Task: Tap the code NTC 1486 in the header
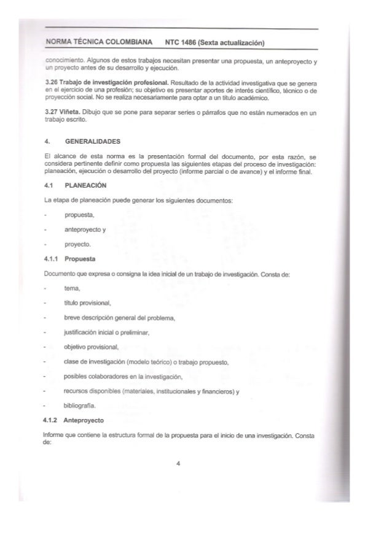click(x=184, y=42)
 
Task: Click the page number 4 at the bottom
click(x=177, y=464)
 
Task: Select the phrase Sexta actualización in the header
click(x=232, y=42)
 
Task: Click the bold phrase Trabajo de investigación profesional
click(x=108, y=82)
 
